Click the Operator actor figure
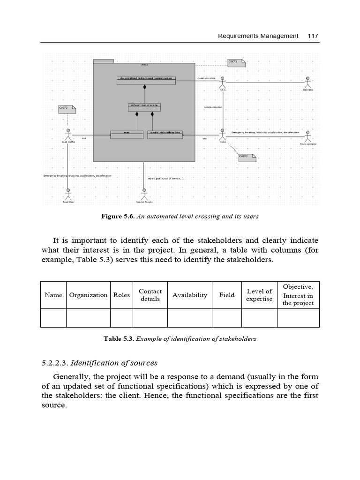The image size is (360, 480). (x=308, y=82)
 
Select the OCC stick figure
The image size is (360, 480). (x=223, y=82)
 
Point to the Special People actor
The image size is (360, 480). (x=144, y=194)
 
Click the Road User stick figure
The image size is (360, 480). (x=68, y=194)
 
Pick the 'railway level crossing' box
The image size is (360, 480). (x=144, y=107)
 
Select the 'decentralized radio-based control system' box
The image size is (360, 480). (x=146, y=81)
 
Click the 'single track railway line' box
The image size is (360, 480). (x=165, y=135)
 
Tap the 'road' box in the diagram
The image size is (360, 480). (x=126, y=135)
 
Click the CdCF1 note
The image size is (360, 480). (x=236, y=63)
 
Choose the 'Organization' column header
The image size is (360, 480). (x=88, y=295)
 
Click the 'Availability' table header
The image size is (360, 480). (x=190, y=295)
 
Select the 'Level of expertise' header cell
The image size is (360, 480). (x=259, y=295)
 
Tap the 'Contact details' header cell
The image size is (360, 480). (x=150, y=295)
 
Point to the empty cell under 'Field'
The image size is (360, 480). (x=227, y=318)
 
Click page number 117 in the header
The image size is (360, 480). (x=313, y=36)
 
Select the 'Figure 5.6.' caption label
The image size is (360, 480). (x=118, y=217)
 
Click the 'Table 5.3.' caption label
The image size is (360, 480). (x=119, y=338)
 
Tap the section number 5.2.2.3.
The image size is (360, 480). (x=55, y=363)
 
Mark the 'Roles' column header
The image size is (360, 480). (x=121, y=295)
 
